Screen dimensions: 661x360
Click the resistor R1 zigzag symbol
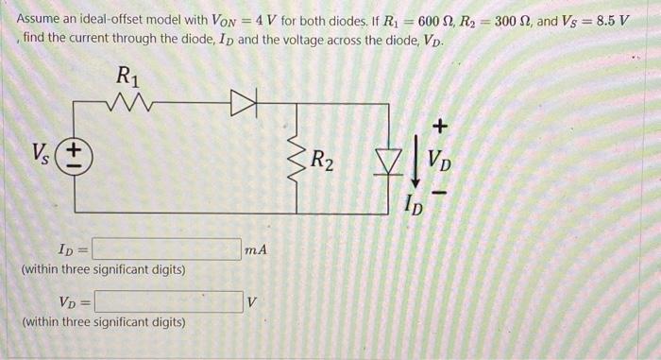click(x=128, y=103)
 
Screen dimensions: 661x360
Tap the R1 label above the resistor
click(x=127, y=77)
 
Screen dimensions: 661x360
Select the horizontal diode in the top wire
click(x=244, y=103)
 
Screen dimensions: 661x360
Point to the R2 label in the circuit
click(x=322, y=162)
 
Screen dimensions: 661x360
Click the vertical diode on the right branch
click(x=389, y=162)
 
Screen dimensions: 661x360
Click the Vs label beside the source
click(x=41, y=154)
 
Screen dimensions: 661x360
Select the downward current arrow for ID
click(x=416, y=161)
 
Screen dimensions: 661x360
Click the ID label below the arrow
click(x=414, y=205)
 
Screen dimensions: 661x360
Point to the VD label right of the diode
click(x=439, y=162)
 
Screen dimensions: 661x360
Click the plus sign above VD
click(x=440, y=126)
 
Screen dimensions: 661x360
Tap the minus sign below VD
click(x=439, y=194)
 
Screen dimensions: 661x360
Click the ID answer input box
click(x=167, y=249)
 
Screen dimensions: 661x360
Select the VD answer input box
click(x=169, y=301)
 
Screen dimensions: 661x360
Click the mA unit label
click(x=256, y=249)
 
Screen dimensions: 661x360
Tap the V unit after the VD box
click(x=252, y=302)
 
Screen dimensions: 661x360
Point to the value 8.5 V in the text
click(x=613, y=20)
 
